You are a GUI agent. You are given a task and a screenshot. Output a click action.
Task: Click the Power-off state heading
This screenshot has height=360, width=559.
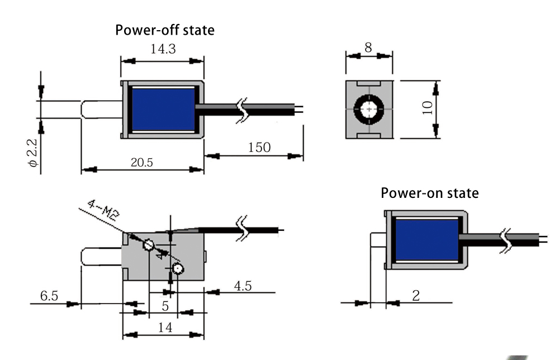[164, 30]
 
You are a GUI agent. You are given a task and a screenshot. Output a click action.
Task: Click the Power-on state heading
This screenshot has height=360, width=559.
[429, 193]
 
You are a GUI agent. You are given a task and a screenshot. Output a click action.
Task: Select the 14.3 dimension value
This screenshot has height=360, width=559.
[163, 49]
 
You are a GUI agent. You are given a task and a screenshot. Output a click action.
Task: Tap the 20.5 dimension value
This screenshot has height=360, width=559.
[143, 162]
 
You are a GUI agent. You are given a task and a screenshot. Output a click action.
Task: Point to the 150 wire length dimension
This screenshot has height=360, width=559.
[258, 148]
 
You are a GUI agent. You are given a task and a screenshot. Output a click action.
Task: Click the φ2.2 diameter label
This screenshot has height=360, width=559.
[32, 153]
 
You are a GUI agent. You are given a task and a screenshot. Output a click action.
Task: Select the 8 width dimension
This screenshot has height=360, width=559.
[368, 48]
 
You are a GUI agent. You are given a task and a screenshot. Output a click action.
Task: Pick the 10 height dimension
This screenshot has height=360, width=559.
[428, 108]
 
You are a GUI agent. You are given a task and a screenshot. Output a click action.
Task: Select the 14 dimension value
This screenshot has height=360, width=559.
[164, 328]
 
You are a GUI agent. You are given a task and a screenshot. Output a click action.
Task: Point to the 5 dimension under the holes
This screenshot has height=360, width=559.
[165, 306]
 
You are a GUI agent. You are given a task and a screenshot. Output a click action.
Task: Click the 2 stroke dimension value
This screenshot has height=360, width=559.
[415, 296]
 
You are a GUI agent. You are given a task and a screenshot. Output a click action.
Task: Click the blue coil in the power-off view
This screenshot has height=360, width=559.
[163, 109]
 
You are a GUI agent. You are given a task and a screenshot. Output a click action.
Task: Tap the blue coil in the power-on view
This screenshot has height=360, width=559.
[427, 240]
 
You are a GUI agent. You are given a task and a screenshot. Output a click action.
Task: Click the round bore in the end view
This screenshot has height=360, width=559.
[369, 109]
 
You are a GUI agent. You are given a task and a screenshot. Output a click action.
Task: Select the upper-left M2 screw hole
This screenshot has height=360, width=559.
[149, 245]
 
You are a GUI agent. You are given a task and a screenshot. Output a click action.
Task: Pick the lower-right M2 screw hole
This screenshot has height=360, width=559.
[178, 269]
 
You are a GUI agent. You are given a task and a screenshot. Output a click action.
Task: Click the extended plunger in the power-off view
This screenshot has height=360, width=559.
[101, 109]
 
